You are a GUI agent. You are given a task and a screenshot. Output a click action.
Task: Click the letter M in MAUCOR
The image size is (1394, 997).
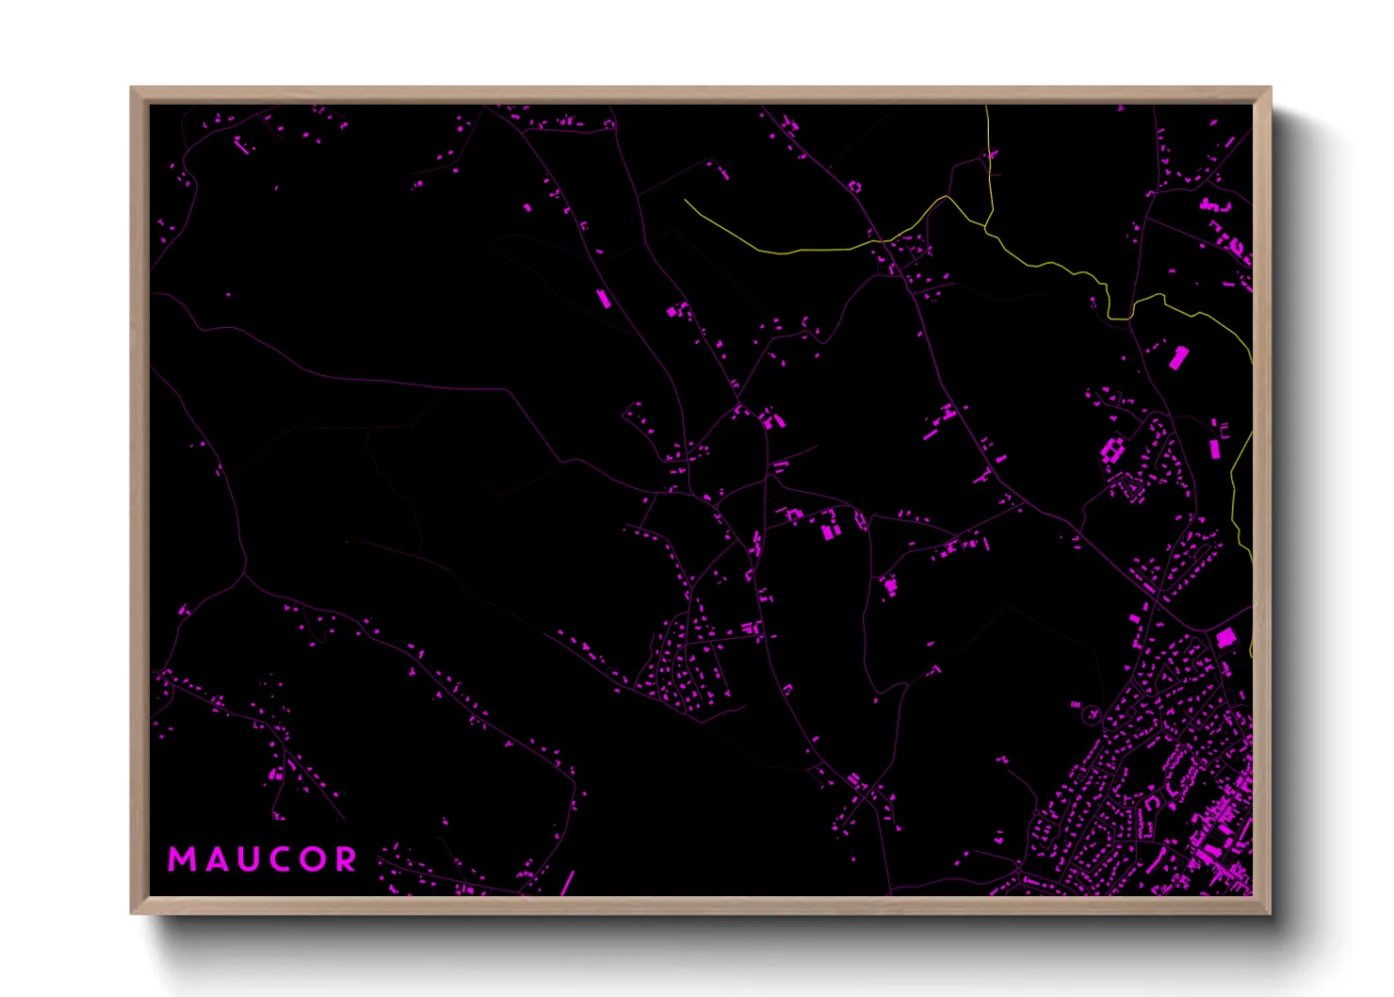tap(181, 859)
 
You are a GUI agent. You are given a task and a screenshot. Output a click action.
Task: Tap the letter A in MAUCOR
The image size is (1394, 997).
tap(212, 859)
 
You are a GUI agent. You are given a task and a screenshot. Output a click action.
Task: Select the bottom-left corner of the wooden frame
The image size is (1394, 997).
tap(133, 911)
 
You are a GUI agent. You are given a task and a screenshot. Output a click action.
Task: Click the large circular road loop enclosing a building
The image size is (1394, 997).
tap(1092, 715)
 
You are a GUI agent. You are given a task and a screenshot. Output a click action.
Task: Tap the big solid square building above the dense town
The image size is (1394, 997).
tap(1225, 638)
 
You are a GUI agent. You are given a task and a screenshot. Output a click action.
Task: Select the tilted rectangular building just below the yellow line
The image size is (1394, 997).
tap(1178, 357)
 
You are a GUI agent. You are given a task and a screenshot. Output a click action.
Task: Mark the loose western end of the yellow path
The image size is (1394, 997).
tap(685, 200)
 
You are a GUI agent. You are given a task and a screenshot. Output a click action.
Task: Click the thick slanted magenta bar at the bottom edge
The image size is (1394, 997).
tap(567, 883)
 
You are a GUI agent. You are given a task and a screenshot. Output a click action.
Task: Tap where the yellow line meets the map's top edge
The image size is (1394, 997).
tap(986, 106)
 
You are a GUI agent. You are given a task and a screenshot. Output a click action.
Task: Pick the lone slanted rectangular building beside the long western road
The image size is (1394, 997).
tap(603, 299)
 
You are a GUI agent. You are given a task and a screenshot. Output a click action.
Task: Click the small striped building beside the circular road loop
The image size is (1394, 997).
tap(1075, 703)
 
